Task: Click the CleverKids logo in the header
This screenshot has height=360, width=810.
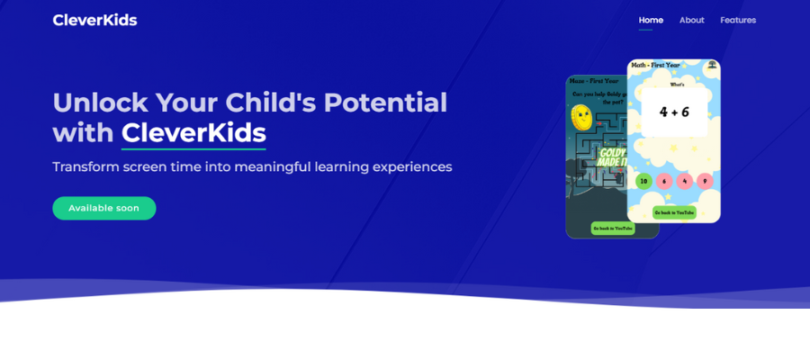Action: [94, 20]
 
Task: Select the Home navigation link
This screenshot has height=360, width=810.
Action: [651, 20]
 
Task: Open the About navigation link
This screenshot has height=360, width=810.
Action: [691, 20]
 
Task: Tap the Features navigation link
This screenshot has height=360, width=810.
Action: [738, 20]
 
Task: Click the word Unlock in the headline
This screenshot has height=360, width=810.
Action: [100, 103]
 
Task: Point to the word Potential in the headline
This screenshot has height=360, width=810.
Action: [385, 103]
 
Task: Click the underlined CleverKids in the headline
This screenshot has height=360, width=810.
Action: [193, 133]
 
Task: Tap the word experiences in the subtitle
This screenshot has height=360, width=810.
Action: [412, 167]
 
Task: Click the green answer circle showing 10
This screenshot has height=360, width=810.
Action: [643, 181]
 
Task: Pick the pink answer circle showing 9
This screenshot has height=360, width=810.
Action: [705, 181]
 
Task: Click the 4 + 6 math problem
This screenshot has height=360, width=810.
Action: [674, 112]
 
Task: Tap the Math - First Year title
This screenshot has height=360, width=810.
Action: [656, 65]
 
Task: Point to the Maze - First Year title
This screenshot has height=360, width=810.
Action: [594, 81]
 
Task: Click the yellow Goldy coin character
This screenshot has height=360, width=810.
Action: [581, 116]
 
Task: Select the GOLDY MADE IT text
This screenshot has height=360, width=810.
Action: [612, 157]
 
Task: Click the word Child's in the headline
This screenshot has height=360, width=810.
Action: [270, 103]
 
